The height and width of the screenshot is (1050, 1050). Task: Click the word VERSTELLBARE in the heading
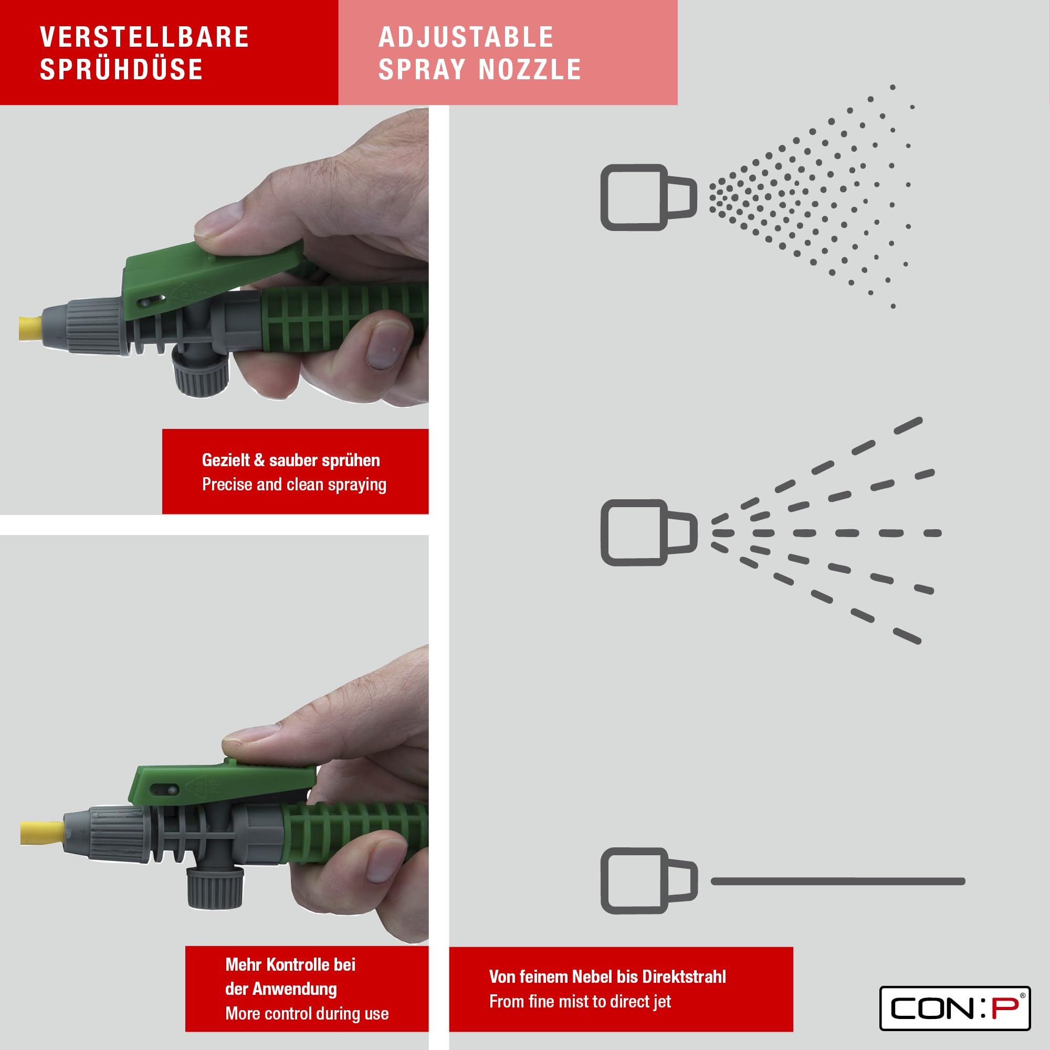pyautogui.click(x=144, y=37)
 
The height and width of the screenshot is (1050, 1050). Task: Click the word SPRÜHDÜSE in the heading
pyautogui.click(x=121, y=70)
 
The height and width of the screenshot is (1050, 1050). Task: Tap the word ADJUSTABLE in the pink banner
pyautogui.click(x=466, y=37)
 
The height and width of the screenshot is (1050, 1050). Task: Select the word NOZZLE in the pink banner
pyautogui.click(x=530, y=70)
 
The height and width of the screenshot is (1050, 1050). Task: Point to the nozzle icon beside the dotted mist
pyautogui.click(x=648, y=197)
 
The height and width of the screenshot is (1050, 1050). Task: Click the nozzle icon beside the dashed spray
pyautogui.click(x=648, y=532)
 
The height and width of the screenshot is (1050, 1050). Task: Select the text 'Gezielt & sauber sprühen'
pyautogui.click(x=291, y=460)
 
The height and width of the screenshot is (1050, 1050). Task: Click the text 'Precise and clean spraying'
pyautogui.click(x=294, y=484)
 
